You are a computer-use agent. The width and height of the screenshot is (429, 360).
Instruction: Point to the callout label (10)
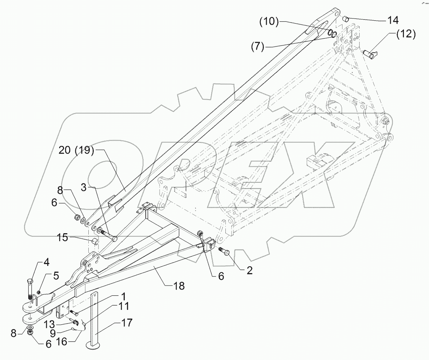(x=269, y=22)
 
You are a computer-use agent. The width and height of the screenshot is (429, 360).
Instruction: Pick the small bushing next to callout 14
(x=346, y=19)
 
